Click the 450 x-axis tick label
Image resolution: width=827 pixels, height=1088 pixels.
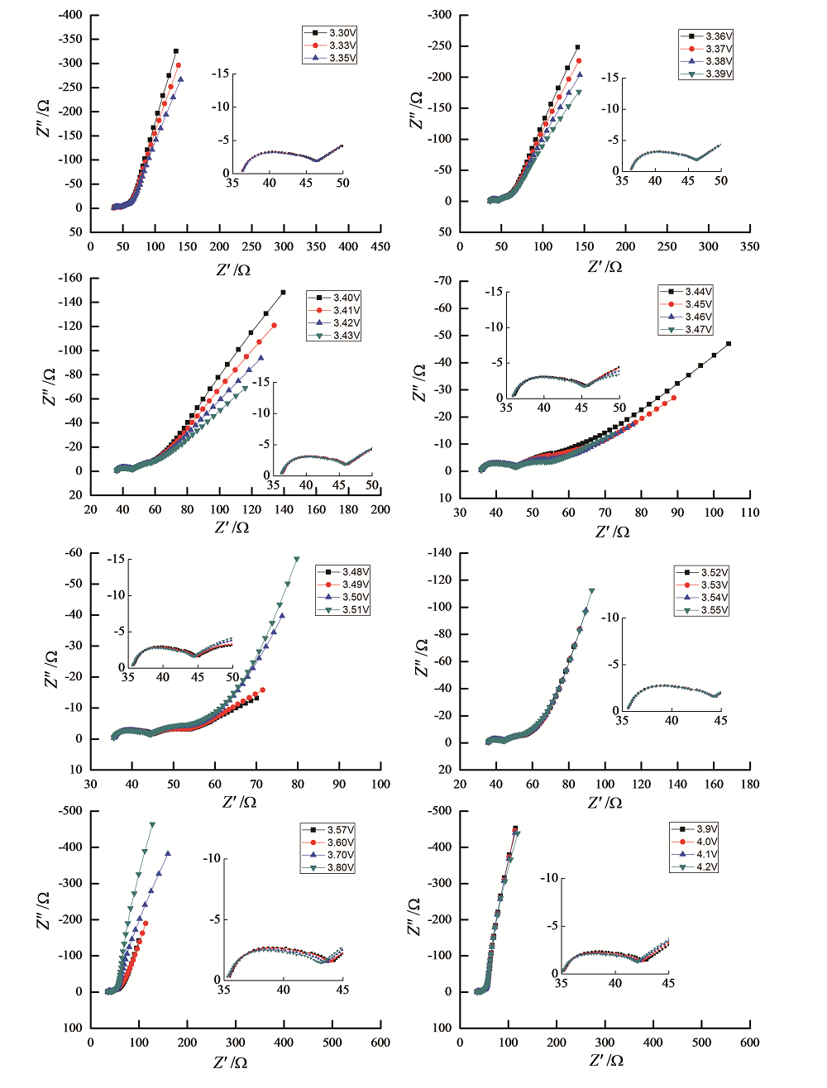(x=381, y=246)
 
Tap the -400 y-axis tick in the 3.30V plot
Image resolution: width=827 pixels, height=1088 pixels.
(x=71, y=15)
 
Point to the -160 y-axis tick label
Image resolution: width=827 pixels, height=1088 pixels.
(x=71, y=278)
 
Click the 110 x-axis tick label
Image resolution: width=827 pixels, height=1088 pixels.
(x=749, y=513)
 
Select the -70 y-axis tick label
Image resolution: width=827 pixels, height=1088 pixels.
(x=442, y=281)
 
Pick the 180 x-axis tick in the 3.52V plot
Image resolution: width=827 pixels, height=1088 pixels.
(x=749, y=785)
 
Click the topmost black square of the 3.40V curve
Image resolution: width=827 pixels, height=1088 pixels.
(x=283, y=292)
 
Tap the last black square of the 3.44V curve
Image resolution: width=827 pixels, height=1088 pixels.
(x=729, y=344)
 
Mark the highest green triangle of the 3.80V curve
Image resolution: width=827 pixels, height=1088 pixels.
(x=152, y=824)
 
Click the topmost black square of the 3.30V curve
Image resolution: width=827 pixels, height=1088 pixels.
(x=176, y=51)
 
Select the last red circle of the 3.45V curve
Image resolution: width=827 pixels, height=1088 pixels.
(x=674, y=398)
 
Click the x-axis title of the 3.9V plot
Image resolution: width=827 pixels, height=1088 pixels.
(x=605, y=1060)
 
